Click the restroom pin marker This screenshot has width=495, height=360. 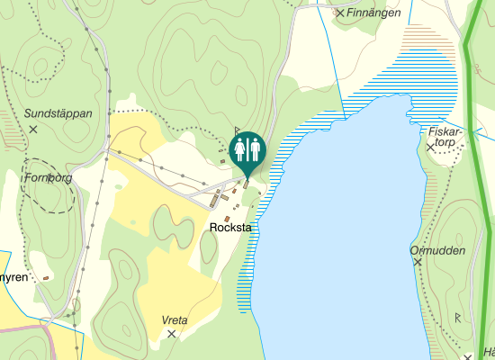tap(247, 150)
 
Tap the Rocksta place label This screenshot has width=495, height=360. tap(229, 228)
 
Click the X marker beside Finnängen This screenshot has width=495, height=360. tap(340, 13)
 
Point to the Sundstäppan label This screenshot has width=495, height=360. tap(58, 114)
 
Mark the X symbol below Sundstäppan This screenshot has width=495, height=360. tap(33, 130)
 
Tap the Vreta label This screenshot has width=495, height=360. tap(174, 320)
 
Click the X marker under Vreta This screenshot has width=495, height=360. tap(171, 334)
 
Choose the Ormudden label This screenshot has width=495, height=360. tap(437, 250)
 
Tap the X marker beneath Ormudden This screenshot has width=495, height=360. tap(418, 262)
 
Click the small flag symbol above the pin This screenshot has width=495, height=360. tap(237, 131)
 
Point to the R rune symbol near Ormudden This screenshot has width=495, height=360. tap(458, 317)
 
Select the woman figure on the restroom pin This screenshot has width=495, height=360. tap(240, 148)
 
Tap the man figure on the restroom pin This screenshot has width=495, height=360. tap(254, 148)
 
